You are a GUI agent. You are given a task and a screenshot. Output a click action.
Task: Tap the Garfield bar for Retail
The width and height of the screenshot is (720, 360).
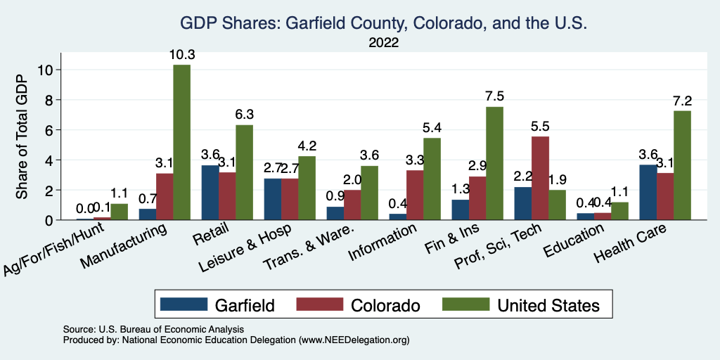[x=210, y=193]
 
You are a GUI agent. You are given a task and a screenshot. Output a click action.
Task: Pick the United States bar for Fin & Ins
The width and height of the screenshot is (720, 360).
[x=494, y=163]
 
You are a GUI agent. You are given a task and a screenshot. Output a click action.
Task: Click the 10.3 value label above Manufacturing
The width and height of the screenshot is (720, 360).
[x=181, y=55]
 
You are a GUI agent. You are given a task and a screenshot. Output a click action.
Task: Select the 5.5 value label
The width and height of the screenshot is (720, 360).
[x=541, y=127]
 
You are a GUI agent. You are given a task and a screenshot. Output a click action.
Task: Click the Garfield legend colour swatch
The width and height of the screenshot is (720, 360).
[x=184, y=304]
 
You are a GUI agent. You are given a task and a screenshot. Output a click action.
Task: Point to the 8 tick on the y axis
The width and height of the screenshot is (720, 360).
[x=48, y=100]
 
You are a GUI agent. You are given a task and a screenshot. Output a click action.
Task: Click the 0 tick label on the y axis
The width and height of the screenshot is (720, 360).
[x=48, y=220]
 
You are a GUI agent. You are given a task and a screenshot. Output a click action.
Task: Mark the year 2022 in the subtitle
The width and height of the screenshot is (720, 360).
[x=384, y=43]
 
